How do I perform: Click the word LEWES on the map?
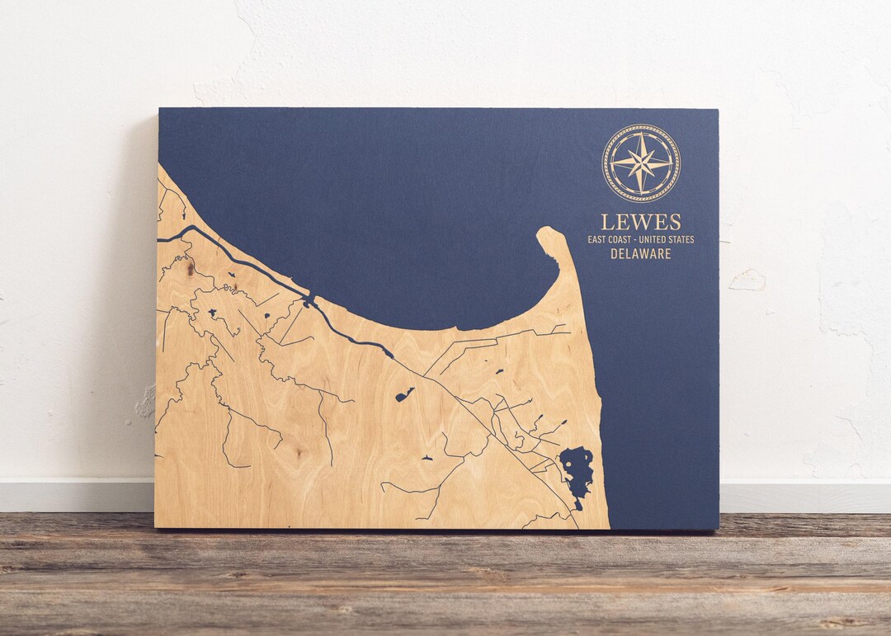[x=640, y=222]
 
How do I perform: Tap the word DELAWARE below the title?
[x=640, y=254]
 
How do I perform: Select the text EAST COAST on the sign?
[x=610, y=239]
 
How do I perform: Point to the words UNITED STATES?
[x=667, y=239]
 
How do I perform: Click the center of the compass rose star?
[x=641, y=163]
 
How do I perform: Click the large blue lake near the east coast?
[x=577, y=470]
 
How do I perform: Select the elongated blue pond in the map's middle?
[x=405, y=395]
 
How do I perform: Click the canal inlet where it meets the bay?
[x=309, y=299]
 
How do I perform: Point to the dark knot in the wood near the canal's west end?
[x=191, y=267]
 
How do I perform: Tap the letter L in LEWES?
[x=606, y=222]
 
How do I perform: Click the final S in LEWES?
[x=675, y=222]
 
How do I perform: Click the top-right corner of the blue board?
[x=716, y=110]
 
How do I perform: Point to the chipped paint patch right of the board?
[x=747, y=280]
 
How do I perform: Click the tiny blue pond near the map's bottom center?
[x=427, y=457]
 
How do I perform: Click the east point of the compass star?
[x=670, y=163]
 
